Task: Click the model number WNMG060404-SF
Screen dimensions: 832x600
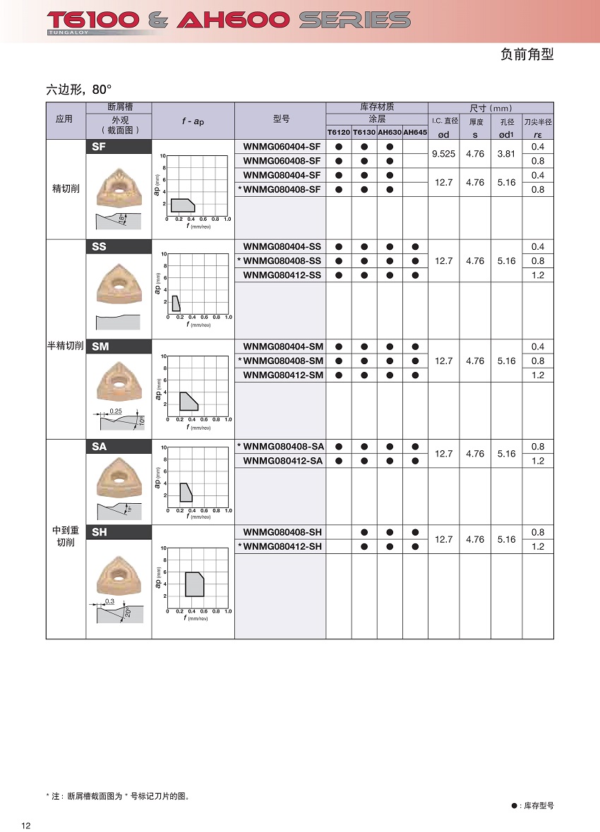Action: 282,147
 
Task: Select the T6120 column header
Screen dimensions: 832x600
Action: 338,132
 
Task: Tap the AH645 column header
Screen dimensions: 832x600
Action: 415,132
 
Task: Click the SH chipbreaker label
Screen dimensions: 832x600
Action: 100,532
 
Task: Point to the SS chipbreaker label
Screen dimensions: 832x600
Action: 100,247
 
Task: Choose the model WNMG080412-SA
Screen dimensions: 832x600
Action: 283,461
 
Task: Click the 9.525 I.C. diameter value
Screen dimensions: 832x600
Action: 444,154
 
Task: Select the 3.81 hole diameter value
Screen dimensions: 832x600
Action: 506,154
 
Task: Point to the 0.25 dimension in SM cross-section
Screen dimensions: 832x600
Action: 116,411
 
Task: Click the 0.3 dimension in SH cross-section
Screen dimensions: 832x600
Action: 109,601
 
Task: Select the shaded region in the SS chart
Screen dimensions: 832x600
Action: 176,303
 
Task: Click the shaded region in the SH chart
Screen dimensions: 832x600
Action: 194,584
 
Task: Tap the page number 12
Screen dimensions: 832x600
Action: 26,826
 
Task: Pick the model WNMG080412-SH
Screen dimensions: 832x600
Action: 282,546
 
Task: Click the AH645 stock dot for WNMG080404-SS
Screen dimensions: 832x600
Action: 415,247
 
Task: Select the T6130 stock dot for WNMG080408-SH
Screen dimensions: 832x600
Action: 364,532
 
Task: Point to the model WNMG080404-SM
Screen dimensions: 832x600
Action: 283,346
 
